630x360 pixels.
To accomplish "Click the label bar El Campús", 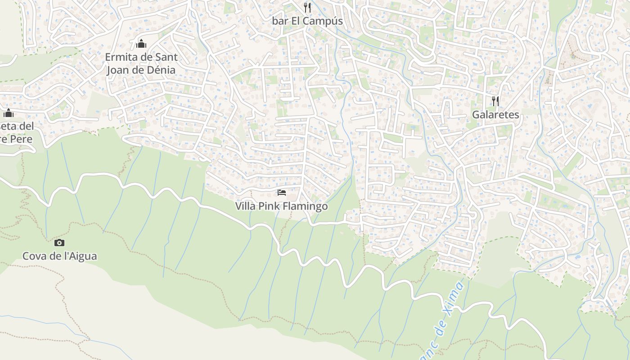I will [x=307, y=21].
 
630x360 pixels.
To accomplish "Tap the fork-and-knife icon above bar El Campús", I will [x=307, y=7].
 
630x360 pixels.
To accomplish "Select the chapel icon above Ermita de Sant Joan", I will [x=141, y=44].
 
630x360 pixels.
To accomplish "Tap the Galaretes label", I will [x=495, y=115].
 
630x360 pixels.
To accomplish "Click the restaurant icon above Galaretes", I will [x=495, y=101].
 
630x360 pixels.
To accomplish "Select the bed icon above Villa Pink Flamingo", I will [x=282, y=193].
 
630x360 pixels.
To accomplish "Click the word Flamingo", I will [x=306, y=207].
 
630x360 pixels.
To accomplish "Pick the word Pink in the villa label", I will [x=270, y=207].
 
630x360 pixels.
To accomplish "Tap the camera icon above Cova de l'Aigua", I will [x=59, y=243].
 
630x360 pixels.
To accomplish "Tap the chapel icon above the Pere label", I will [x=9, y=112].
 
